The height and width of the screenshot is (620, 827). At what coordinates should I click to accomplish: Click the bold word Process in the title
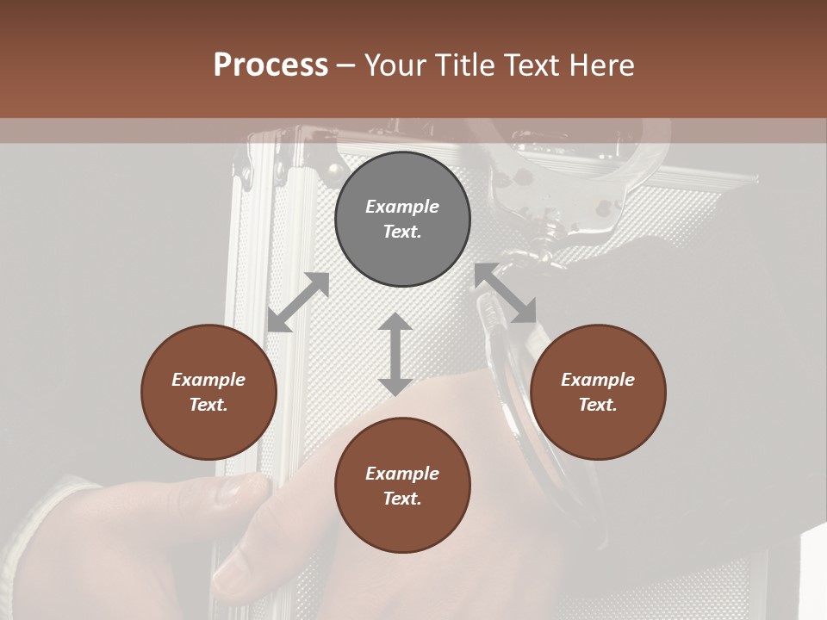(x=270, y=65)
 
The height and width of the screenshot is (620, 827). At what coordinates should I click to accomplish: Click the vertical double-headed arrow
(x=395, y=354)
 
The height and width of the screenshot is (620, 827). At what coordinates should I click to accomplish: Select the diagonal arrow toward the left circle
(x=298, y=302)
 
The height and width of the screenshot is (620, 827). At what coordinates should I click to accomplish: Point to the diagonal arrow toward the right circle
(x=506, y=294)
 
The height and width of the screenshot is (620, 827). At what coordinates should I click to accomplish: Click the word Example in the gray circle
(x=402, y=207)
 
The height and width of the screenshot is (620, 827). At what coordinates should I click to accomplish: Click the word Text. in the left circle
(x=208, y=405)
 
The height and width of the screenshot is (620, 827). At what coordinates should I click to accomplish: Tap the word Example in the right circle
(x=598, y=380)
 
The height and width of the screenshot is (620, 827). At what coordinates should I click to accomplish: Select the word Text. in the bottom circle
(x=402, y=499)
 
